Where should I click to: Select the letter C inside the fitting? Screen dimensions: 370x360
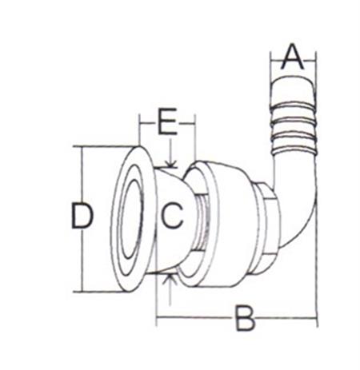[x=173, y=215]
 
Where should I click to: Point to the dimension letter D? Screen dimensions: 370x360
[x=82, y=216]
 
